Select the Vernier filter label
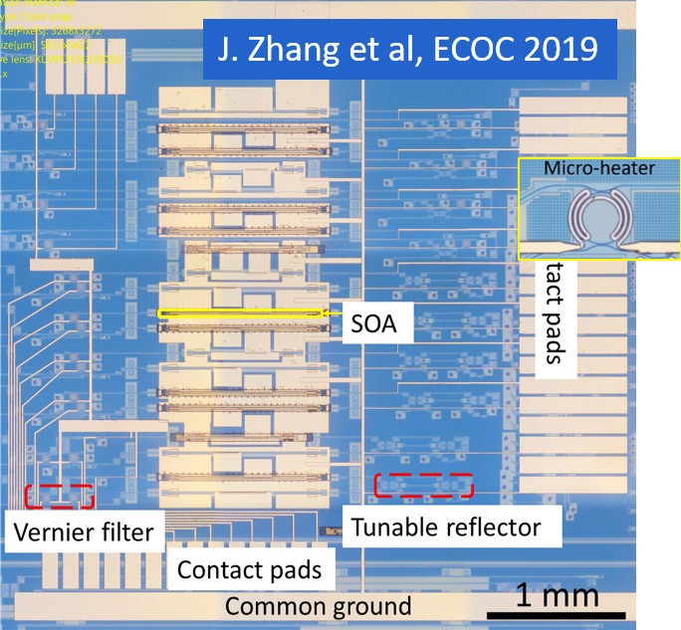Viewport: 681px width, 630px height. pyautogui.click(x=84, y=531)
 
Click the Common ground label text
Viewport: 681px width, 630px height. pyautogui.click(x=318, y=606)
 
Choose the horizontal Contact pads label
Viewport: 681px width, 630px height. pyautogui.click(x=249, y=569)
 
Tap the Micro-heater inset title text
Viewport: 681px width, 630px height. pyautogui.click(x=599, y=168)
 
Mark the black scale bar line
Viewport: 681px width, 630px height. pyautogui.click(x=557, y=614)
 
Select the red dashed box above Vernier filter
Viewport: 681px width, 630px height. pyautogui.click(x=59, y=495)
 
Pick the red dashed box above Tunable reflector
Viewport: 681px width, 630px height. pyautogui.click(x=423, y=485)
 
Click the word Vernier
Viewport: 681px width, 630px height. pyautogui.click(x=54, y=531)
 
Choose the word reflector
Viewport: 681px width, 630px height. pyautogui.click(x=497, y=526)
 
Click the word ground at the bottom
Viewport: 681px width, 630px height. pyautogui.click(x=363, y=606)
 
